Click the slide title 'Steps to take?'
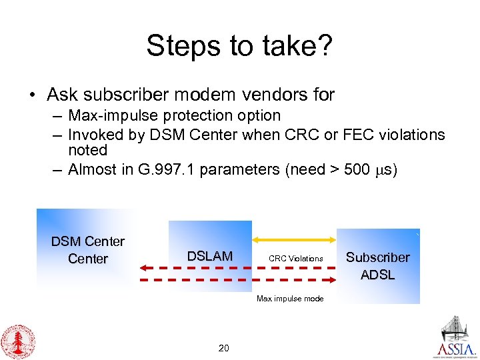click(x=239, y=46)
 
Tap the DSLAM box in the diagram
click(x=210, y=256)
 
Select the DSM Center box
click(x=87, y=249)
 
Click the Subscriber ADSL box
click(x=377, y=265)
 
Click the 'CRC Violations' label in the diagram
click(x=295, y=259)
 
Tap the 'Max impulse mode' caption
click(x=290, y=299)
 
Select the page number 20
click(x=224, y=348)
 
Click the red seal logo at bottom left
click(x=18, y=341)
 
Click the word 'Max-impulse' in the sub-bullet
click(x=105, y=116)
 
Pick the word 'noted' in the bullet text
click(x=88, y=150)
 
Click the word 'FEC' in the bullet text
click(x=355, y=135)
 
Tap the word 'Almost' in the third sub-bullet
click(x=92, y=169)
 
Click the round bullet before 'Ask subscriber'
click(x=33, y=95)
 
